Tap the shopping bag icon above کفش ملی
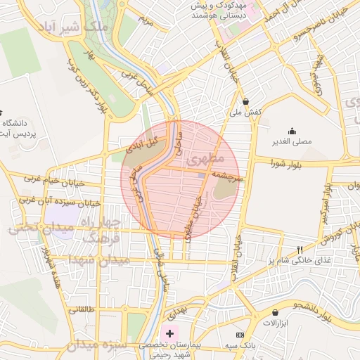tap(245, 101)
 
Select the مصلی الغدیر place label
tap(292, 141)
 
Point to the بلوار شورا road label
tap(291, 164)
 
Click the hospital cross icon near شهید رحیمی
tap(169, 332)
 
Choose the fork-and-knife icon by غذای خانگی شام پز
tap(300, 250)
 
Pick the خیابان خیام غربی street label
tap(53, 179)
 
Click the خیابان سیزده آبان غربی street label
tap(60, 202)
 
